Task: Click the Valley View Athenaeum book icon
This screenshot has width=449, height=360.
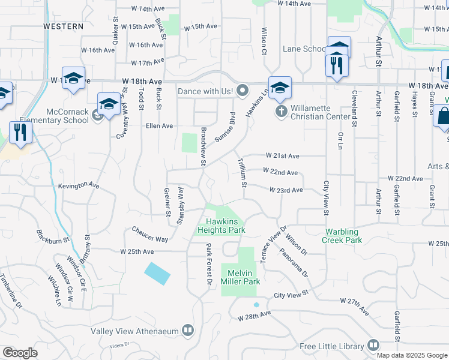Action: pyautogui.click(x=188, y=331)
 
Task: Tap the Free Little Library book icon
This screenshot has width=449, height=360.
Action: pyautogui.click(x=373, y=346)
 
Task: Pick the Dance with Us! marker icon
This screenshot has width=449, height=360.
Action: pyautogui.click(x=243, y=91)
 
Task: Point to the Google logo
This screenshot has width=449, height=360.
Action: pyautogui.click(x=20, y=353)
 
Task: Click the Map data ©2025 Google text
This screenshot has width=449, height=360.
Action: pyautogui.click(x=412, y=355)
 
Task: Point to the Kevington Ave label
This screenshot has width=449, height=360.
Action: pyautogui.click(x=79, y=186)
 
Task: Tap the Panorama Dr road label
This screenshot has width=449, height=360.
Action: pyautogui.click(x=294, y=262)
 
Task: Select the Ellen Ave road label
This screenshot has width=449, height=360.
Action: pyautogui.click(x=159, y=126)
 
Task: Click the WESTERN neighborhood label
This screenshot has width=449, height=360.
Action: pyautogui.click(x=63, y=26)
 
